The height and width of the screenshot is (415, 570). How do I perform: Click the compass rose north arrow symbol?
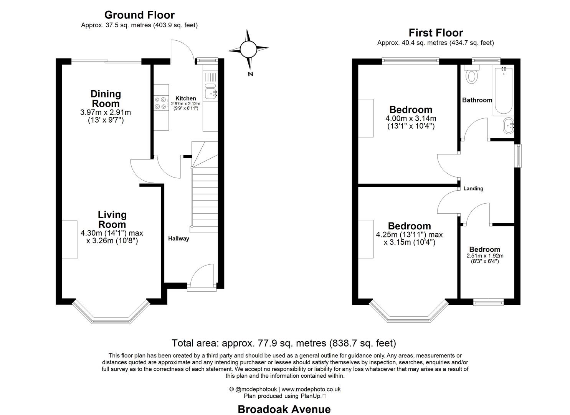point(248,49)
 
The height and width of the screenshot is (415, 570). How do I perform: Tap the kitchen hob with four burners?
point(161,103)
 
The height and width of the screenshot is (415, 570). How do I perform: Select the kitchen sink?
point(211,93)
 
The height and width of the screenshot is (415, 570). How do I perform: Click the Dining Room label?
point(106,99)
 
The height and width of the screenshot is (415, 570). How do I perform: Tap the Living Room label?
point(112,219)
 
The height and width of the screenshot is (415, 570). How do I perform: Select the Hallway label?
point(178,239)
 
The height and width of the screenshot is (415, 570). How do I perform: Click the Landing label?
point(473,189)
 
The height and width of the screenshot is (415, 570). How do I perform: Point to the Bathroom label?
point(477,100)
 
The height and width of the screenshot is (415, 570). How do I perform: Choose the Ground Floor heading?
point(139,15)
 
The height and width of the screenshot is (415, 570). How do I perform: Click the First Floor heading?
point(436,33)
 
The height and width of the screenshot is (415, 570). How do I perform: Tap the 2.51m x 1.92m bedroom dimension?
point(485,256)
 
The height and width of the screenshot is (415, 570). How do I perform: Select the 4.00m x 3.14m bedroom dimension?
point(411,119)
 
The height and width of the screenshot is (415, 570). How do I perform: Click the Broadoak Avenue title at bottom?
point(284,409)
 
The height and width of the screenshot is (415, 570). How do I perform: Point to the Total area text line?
point(284,343)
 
